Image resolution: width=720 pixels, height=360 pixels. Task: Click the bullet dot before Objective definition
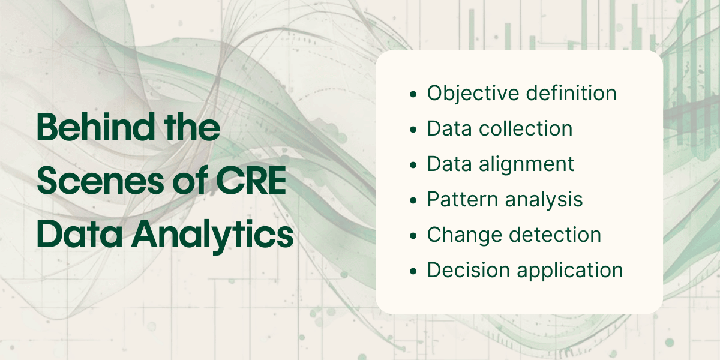pyautogui.click(x=412, y=95)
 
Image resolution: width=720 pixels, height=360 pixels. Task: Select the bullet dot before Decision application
pyautogui.click(x=412, y=271)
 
